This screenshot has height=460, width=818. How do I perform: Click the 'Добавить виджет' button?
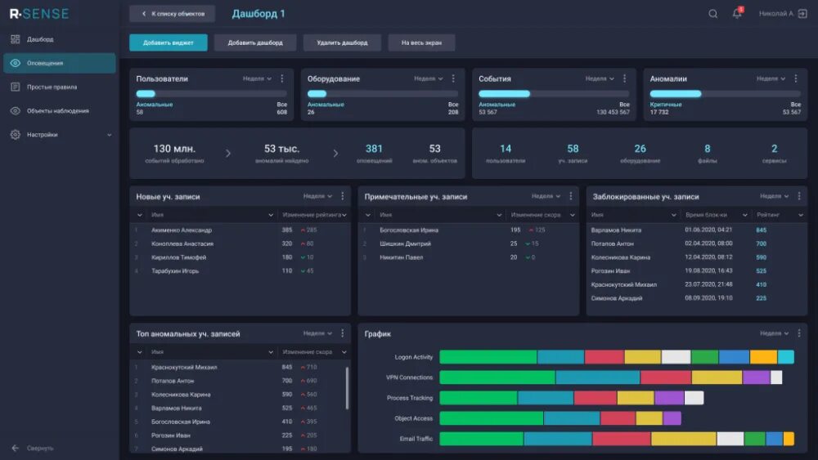click(x=168, y=42)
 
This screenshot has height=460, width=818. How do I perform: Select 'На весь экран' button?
click(x=421, y=42)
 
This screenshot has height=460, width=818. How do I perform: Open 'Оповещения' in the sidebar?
click(x=45, y=63)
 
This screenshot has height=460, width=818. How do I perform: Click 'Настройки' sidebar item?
click(x=43, y=135)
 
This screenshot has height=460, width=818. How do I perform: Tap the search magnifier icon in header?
click(x=712, y=14)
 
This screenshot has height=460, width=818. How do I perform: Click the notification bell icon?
click(x=736, y=14)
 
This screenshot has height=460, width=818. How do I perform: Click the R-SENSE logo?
click(x=39, y=14)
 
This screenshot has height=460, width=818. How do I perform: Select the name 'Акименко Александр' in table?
click(x=181, y=230)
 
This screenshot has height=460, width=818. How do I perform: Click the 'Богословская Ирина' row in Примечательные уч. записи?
click(x=409, y=230)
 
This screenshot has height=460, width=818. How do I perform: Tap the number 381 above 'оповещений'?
click(x=374, y=149)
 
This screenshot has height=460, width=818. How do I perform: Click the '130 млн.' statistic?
click(x=174, y=149)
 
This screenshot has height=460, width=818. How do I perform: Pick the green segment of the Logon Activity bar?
click(x=488, y=357)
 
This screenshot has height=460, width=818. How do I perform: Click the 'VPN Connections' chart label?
click(x=409, y=377)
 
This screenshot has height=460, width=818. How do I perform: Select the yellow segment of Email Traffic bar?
click(x=683, y=439)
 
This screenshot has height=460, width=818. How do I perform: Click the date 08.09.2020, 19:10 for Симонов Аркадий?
click(x=708, y=298)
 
